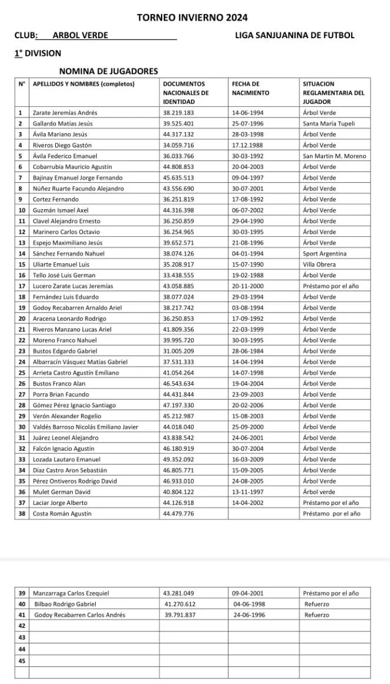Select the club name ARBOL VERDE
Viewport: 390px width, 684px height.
click(80, 35)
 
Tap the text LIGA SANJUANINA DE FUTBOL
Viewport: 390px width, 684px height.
click(294, 35)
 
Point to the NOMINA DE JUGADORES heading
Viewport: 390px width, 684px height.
click(108, 71)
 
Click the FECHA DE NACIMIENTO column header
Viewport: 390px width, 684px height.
click(250, 88)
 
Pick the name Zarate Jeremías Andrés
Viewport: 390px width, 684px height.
click(65, 112)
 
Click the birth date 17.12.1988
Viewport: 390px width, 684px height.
click(248, 145)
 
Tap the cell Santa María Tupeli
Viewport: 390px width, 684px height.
click(329, 123)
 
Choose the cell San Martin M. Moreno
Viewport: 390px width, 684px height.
click(334, 156)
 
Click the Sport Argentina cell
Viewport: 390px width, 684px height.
click(325, 253)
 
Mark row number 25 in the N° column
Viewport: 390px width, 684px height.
click(21, 373)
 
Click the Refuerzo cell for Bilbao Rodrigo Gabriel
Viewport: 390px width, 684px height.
click(317, 603)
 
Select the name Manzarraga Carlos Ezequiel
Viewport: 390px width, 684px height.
click(71, 593)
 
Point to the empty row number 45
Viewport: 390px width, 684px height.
click(22, 660)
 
